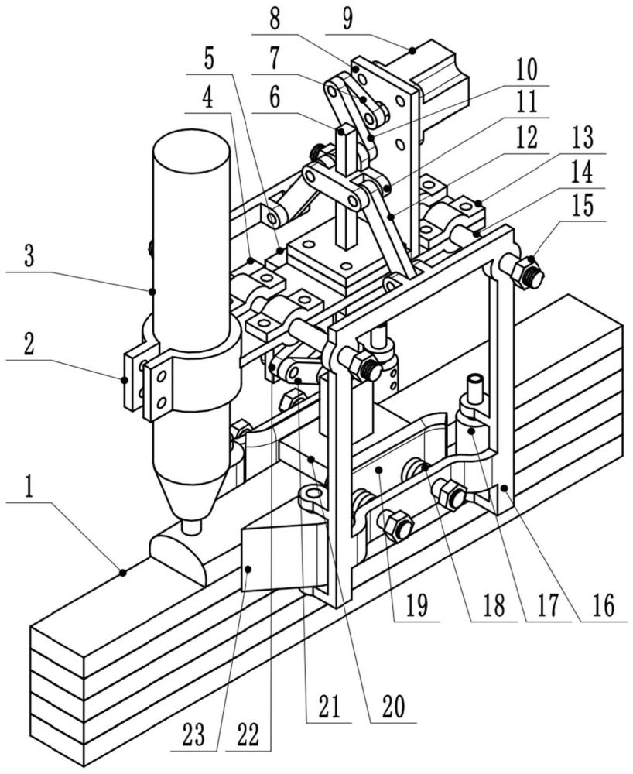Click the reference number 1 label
[29, 488]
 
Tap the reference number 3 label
[29, 255]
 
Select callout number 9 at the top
[347, 19]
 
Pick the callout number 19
[417, 605]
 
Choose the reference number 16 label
[603, 605]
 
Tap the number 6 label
[275, 98]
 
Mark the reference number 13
[583, 138]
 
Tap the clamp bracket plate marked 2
[132, 380]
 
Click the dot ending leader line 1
[122, 573]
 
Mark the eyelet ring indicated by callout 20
[313, 494]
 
